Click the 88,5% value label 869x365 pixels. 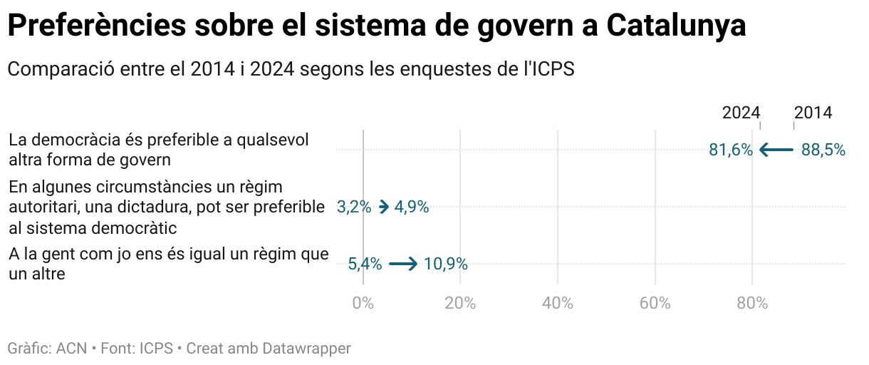[823, 150]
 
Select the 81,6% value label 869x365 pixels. [731, 150]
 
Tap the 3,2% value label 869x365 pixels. [354, 207]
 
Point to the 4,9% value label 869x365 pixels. [412, 207]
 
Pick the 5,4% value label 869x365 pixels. [365, 264]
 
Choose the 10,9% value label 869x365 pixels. [446, 264]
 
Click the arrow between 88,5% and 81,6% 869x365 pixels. [776, 150]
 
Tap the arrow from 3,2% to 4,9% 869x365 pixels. [383, 207]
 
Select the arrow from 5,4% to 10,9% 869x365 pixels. [403, 264]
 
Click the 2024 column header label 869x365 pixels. [741, 113]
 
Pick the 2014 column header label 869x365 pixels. [813, 113]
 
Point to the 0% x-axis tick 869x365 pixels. [363, 303]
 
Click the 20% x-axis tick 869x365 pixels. [460, 303]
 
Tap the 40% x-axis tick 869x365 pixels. [558, 303]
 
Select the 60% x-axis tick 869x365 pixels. [655, 303]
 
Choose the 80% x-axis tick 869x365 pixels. [752, 303]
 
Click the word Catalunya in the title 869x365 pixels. [677, 26]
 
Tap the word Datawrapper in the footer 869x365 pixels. [307, 349]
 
